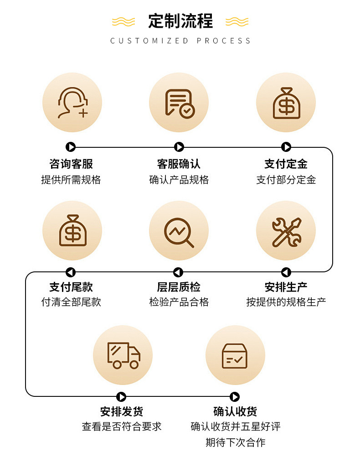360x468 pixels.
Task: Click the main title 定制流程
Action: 180,21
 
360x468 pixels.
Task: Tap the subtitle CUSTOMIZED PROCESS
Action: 180,41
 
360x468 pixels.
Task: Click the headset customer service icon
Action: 72,103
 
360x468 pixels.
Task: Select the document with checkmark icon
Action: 179,103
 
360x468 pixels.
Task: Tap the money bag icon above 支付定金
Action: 286,103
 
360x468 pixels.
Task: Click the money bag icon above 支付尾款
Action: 72,230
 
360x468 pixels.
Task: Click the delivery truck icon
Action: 123,355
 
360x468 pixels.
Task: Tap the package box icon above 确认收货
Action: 235,355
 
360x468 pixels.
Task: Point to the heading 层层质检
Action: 179,287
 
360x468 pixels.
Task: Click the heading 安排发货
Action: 122,411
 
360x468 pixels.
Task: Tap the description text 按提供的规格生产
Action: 286,302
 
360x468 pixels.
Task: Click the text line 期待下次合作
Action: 235,442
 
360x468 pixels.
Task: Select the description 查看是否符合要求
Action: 122,426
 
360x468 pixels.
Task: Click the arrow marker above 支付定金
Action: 286,147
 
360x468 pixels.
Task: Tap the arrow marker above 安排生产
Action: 286,272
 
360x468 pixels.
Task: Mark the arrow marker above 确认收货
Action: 235,397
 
